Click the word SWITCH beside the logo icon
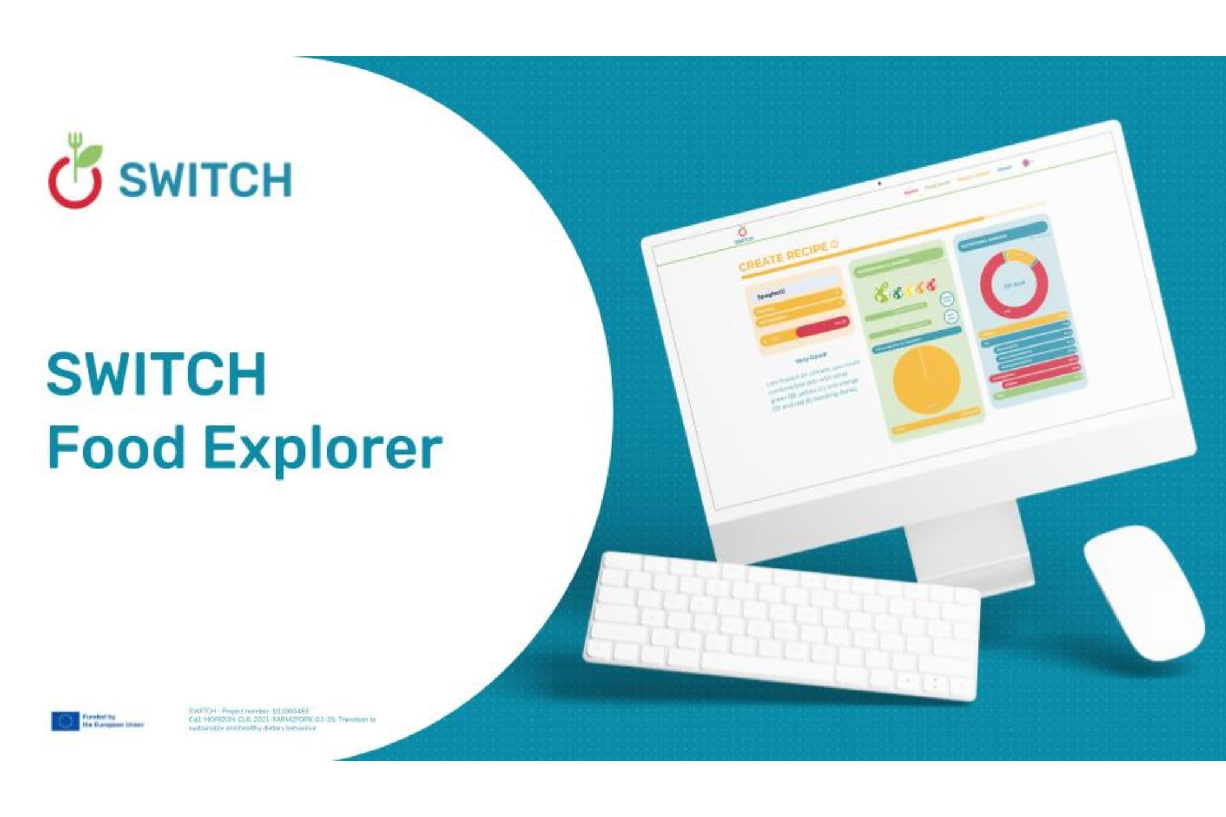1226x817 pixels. (205, 180)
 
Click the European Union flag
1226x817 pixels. (65, 721)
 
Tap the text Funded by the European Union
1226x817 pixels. (113, 720)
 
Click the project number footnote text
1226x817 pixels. (282, 720)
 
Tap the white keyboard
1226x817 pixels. (782, 625)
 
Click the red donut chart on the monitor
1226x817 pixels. (1014, 284)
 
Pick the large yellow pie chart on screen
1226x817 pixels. (926, 379)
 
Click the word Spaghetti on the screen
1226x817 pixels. (771, 294)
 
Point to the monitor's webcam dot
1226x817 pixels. (880, 183)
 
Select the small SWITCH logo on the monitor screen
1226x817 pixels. (744, 234)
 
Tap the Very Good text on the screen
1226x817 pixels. (810, 357)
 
